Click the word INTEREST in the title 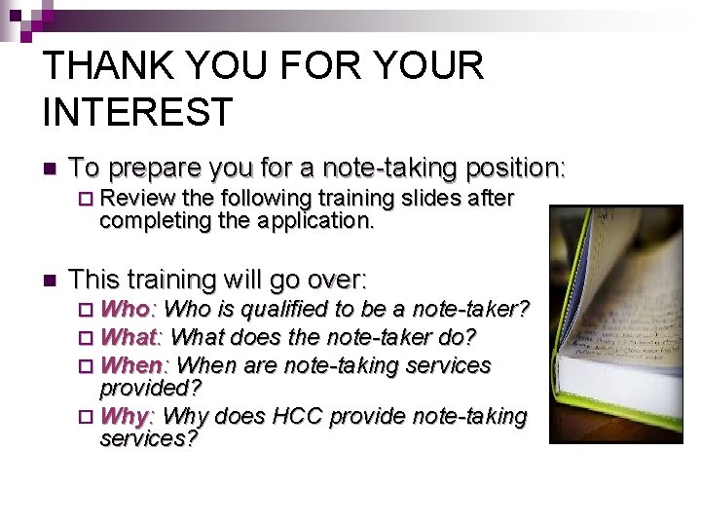tap(138, 111)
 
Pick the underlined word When tap(133, 365)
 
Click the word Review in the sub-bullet tap(135, 199)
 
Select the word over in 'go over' tap(333, 280)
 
